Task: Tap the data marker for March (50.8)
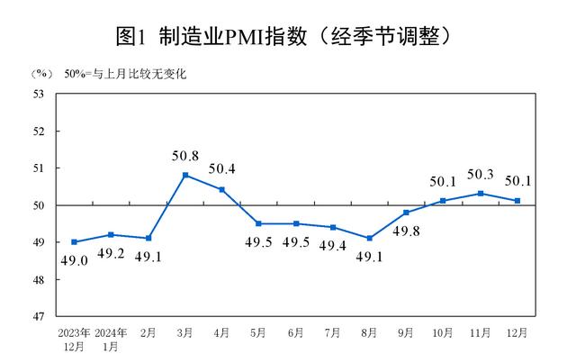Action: pos(185,175)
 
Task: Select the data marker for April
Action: pos(222,189)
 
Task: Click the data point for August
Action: pos(370,238)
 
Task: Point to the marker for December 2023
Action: pos(74,241)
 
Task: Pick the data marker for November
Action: pos(481,193)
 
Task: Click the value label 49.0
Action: pos(74,262)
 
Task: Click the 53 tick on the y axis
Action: pos(39,93)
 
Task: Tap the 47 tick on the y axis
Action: pos(39,316)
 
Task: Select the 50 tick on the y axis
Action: pos(39,204)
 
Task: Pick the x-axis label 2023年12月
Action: pos(74,340)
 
